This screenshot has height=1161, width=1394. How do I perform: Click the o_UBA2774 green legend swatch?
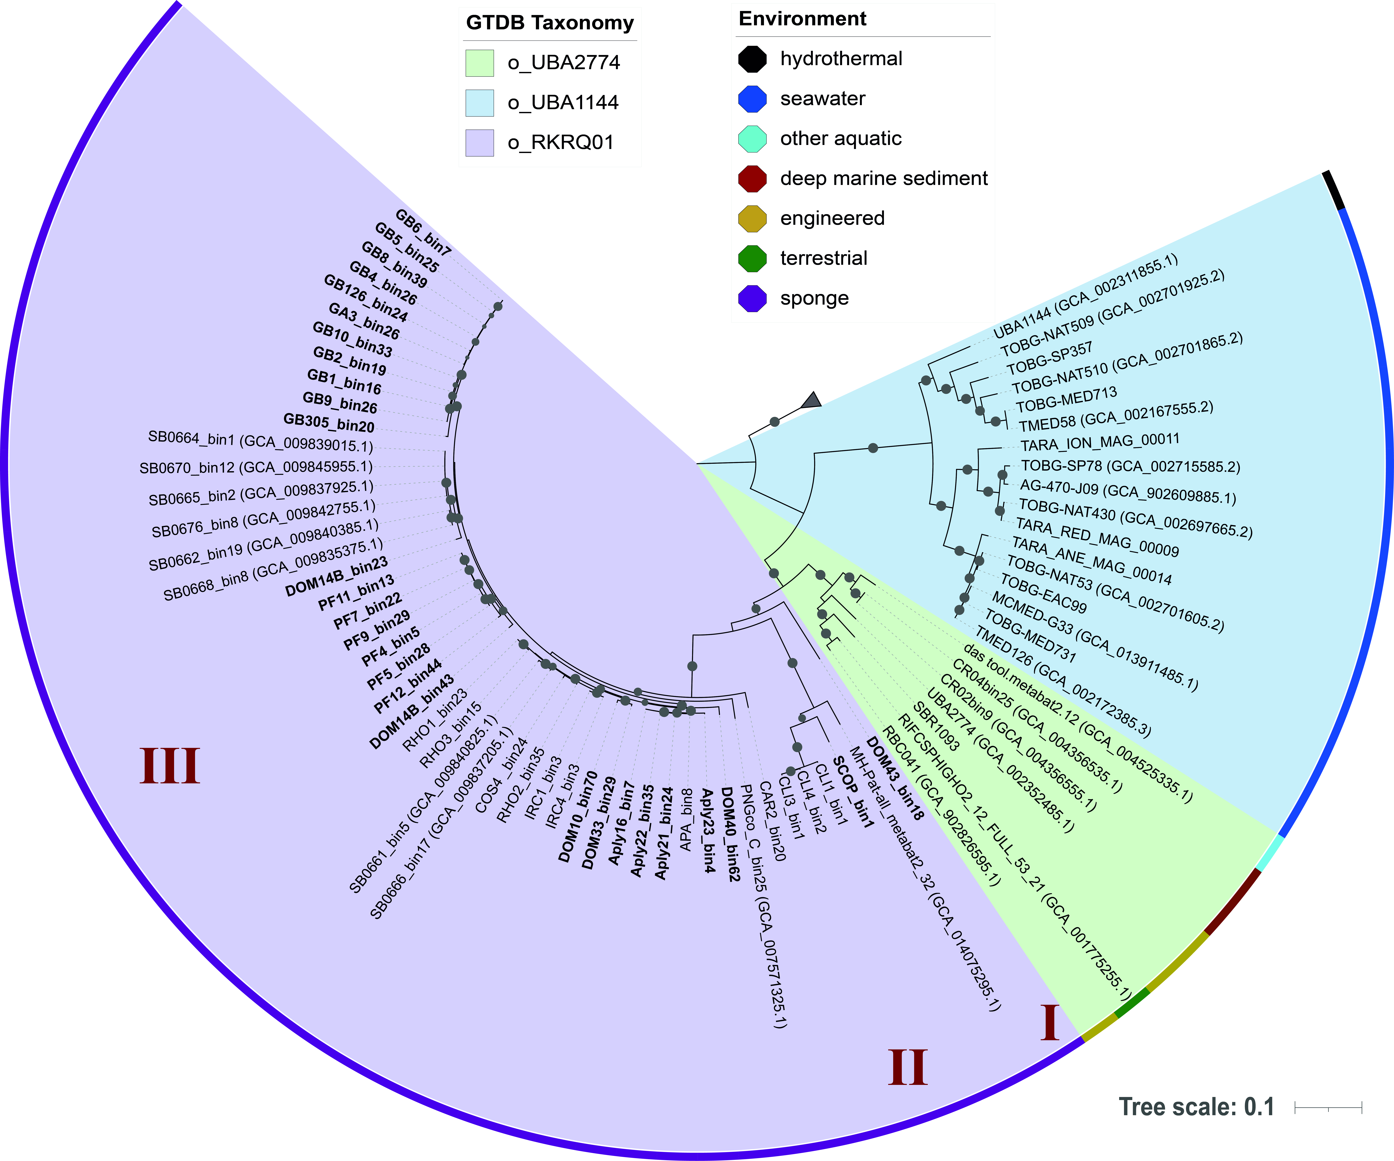tap(479, 63)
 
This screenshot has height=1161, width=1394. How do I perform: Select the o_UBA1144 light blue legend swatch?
tap(479, 103)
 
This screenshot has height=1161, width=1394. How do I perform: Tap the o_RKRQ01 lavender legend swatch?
tap(479, 143)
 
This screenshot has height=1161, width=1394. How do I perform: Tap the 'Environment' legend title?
tap(803, 19)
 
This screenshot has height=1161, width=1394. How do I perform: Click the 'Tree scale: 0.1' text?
tap(1196, 1106)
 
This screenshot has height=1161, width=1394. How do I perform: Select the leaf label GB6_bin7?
tap(424, 232)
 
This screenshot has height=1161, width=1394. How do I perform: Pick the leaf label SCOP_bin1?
tap(853, 792)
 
